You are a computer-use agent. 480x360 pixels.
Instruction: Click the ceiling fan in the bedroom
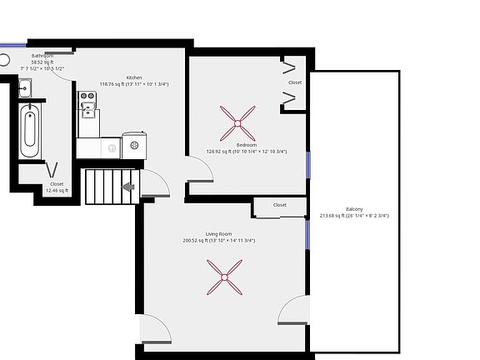point(237,123)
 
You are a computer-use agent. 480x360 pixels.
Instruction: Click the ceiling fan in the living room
point(224,276)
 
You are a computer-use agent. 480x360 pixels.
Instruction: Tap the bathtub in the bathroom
point(30,130)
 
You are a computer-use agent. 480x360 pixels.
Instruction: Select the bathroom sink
point(24,86)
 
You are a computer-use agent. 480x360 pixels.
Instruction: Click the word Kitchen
point(134,77)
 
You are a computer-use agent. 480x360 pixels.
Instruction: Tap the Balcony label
point(354,209)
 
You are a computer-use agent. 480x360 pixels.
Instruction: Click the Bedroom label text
point(246,145)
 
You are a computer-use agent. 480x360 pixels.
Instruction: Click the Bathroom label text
point(42,56)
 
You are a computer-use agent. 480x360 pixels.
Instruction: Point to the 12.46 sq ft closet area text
point(57,190)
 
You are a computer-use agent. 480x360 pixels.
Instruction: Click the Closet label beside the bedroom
point(295,82)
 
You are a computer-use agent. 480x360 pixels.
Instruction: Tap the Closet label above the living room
point(279,204)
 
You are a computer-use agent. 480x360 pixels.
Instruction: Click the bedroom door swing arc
point(202,170)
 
